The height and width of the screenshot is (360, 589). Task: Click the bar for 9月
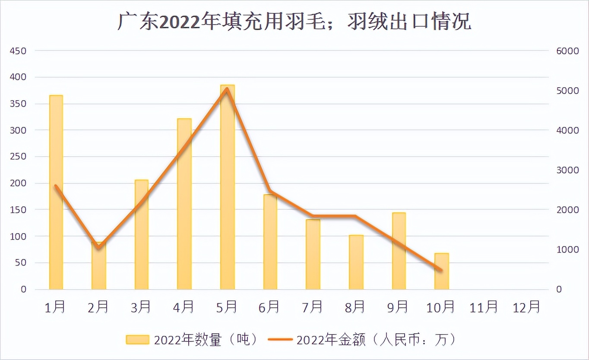pyautogui.click(x=399, y=251)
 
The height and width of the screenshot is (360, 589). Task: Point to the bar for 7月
pyautogui.click(x=313, y=254)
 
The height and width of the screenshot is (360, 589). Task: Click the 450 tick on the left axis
pyautogui.click(x=19, y=51)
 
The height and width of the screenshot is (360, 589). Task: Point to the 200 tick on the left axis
pyautogui.click(x=19, y=183)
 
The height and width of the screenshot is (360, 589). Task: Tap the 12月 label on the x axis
pyautogui.click(x=526, y=307)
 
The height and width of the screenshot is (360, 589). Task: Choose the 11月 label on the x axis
pyautogui.click(x=484, y=307)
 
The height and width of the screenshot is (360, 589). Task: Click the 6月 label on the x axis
pyautogui.click(x=269, y=307)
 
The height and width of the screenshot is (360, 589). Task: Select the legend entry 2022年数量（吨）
pyautogui.click(x=193, y=340)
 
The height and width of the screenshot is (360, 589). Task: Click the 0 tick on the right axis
pyautogui.click(x=559, y=289)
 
